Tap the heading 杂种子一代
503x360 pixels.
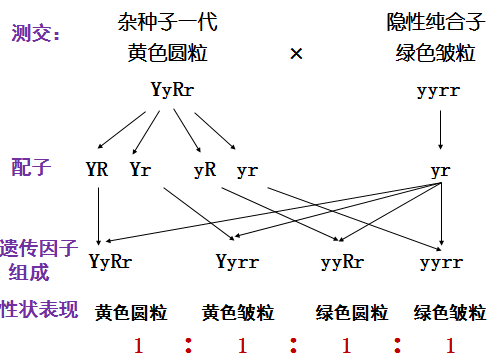click(167, 22)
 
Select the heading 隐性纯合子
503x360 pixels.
click(435, 22)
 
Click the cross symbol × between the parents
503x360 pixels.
click(296, 53)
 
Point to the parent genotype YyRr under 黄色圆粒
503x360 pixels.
click(172, 90)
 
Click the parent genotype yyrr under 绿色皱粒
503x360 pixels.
click(438, 91)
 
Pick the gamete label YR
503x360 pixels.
click(97, 169)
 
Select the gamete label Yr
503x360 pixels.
click(140, 169)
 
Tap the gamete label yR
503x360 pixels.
click(205, 170)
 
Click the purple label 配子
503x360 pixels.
click(31, 167)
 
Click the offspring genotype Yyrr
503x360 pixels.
click(237, 262)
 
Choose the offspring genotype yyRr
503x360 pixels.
click(342, 263)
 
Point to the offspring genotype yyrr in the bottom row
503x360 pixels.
click(441, 263)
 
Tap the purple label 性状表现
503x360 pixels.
click(39, 309)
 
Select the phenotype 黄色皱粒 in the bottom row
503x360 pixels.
click(238, 313)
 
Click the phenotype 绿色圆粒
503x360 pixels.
click(352, 313)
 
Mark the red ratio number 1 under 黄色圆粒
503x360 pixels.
click(138, 345)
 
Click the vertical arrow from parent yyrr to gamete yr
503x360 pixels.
click(440, 130)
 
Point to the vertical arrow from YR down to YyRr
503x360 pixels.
click(98, 216)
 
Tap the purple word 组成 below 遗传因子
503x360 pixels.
click(29, 273)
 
